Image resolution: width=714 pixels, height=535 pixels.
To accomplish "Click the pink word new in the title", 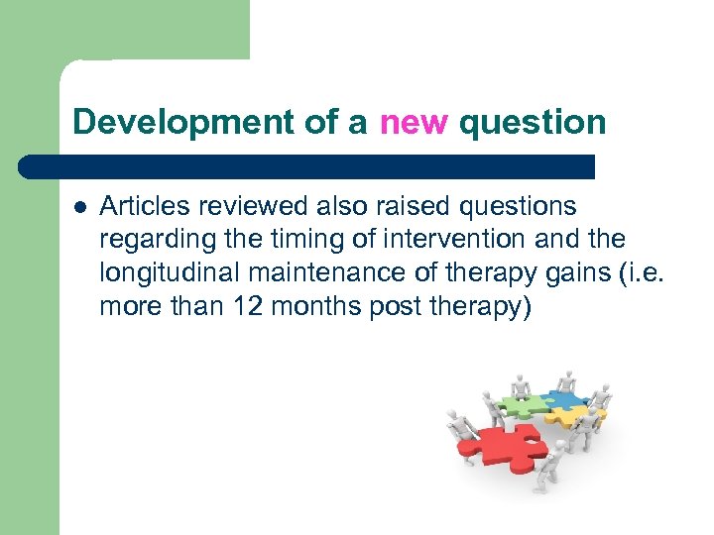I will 414,122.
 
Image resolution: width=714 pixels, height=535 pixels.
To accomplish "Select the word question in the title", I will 533,122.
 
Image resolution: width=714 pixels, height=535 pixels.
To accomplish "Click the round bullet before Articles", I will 79,207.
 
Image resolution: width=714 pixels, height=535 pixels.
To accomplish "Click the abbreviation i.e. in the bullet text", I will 636,274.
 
